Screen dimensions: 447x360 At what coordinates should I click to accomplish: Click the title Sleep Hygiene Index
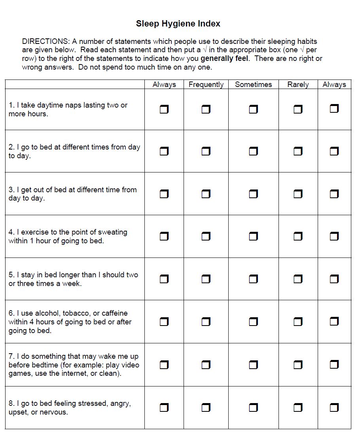click(x=178, y=24)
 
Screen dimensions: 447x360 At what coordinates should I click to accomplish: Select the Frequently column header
click(x=206, y=85)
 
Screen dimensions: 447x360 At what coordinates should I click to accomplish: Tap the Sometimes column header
click(x=253, y=85)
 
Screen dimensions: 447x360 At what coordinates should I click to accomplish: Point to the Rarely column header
click(x=298, y=85)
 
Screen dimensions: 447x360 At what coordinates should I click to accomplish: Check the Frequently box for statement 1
click(x=206, y=109)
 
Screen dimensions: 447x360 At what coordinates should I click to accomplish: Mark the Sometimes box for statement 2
click(x=253, y=152)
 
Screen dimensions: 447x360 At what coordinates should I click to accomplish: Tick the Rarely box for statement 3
click(x=298, y=194)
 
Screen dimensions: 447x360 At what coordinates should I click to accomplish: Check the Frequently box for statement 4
click(x=206, y=237)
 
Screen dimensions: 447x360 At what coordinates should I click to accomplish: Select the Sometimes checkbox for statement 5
click(x=253, y=279)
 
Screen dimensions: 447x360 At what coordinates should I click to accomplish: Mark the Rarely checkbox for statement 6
click(x=298, y=322)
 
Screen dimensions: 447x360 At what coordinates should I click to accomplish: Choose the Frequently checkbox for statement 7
click(x=206, y=365)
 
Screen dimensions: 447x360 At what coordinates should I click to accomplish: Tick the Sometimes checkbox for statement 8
click(x=253, y=407)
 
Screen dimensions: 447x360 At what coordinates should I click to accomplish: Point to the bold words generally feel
click(x=224, y=59)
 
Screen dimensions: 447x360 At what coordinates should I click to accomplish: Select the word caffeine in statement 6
click(x=114, y=313)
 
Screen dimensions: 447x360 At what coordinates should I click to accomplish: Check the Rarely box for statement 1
click(x=298, y=109)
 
